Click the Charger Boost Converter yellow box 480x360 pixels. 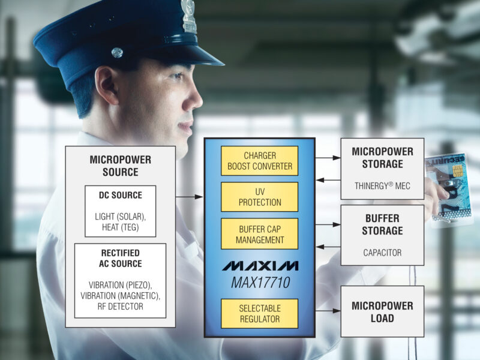tap(259, 161)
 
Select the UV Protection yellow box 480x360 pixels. tap(259, 197)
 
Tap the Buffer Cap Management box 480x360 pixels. tap(259, 233)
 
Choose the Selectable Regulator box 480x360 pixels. tap(259, 313)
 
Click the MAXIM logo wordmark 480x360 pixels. tap(259, 266)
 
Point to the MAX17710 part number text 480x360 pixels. tap(259, 281)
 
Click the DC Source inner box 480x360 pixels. tap(120, 211)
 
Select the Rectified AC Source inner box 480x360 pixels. tap(120, 280)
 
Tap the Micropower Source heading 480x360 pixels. tap(120, 166)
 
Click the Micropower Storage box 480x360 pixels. tap(382, 169)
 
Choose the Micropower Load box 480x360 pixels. tap(382, 311)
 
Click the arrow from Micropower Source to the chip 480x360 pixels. tap(190, 196)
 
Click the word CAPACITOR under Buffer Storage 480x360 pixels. tap(382, 253)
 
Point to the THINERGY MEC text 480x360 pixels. tap(382, 186)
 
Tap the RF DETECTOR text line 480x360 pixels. tap(120, 307)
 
